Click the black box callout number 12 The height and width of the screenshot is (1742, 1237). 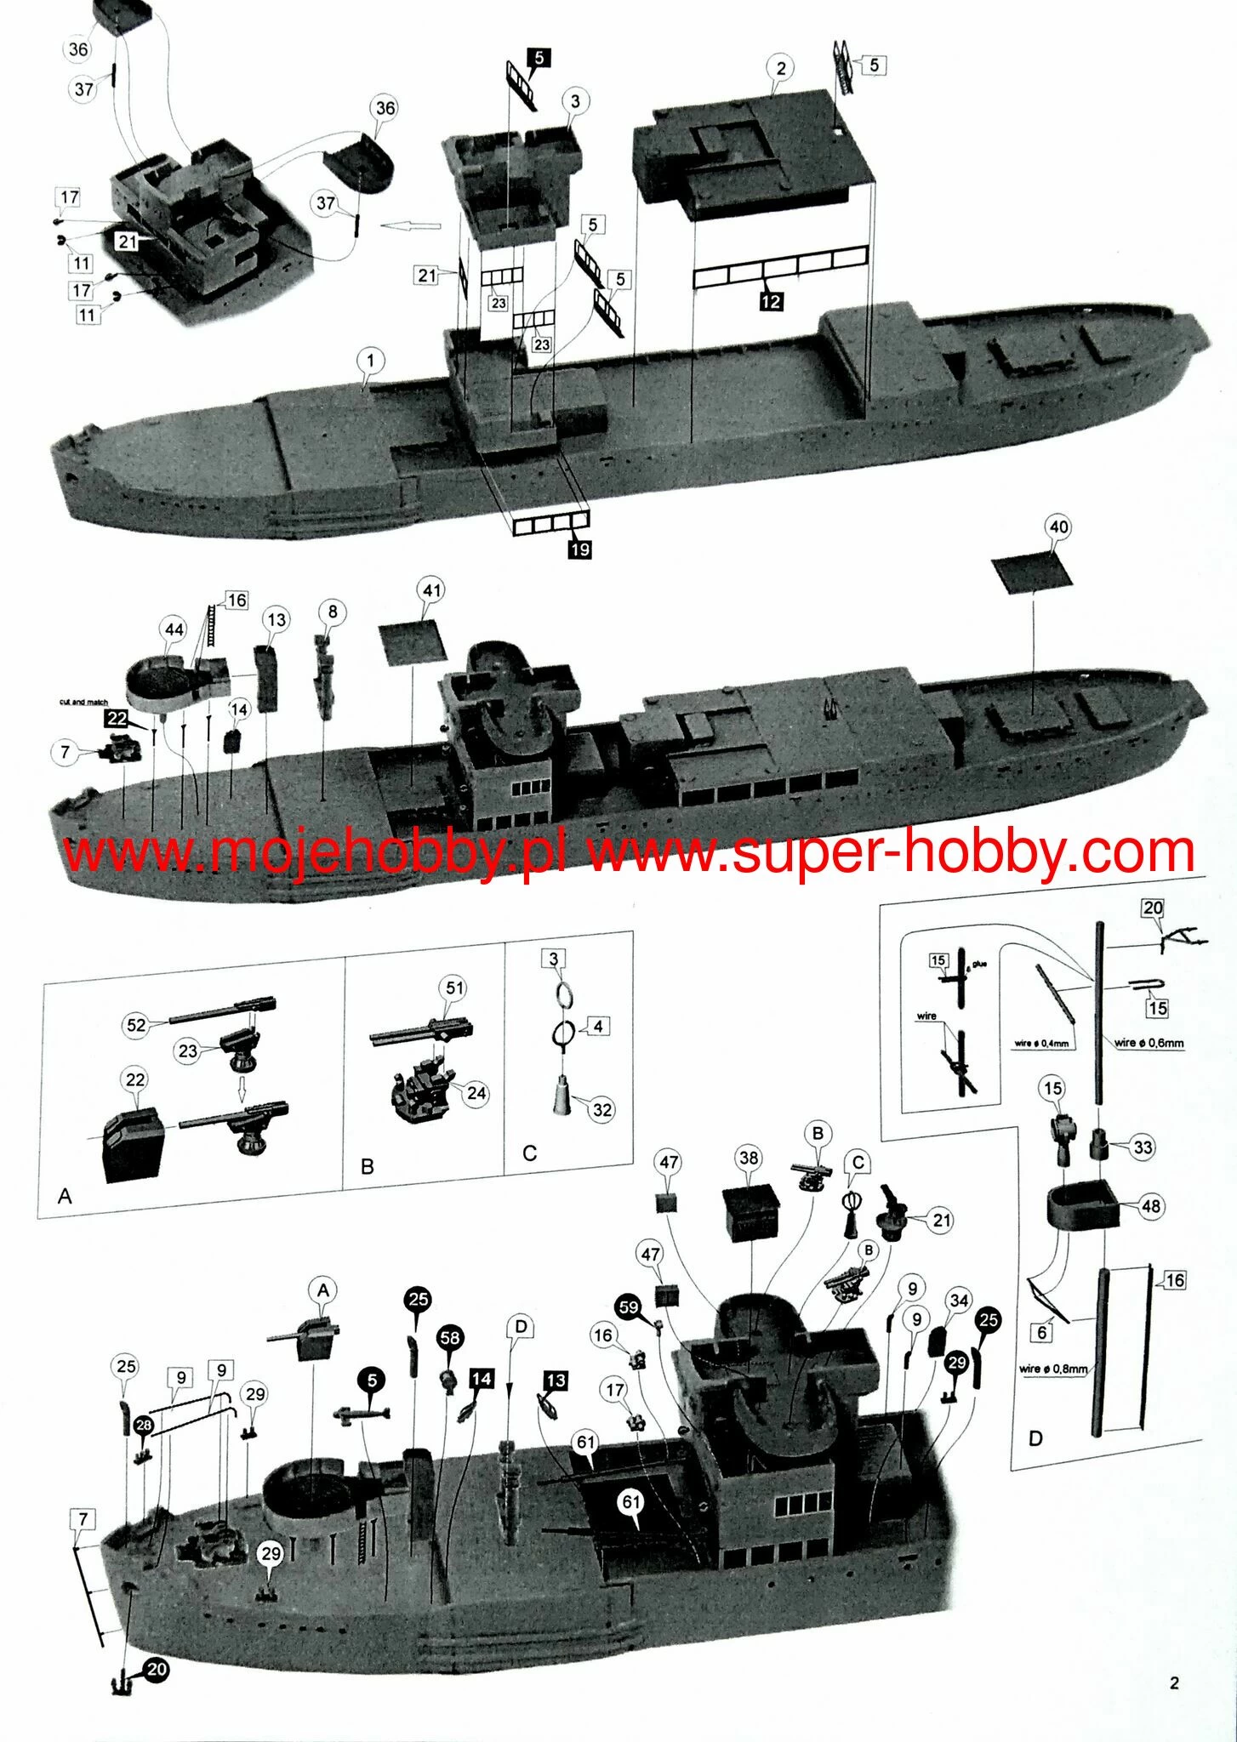(x=771, y=301)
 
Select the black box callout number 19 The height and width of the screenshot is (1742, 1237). (x=579, y=549)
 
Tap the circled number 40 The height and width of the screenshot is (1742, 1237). (x=1058, y=527)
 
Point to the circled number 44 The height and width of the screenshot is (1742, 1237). (x=174, y=629)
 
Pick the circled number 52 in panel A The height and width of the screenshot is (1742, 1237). (x=136, y=1025)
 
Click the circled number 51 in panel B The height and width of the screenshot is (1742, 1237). (x=454, y=988)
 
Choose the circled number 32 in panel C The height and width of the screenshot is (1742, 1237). (x=601, y=1109)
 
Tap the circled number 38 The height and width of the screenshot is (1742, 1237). (x=749, y=1157)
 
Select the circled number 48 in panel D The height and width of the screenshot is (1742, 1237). (x=1151, y=1206)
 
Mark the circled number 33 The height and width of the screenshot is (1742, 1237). (x=1143, y=1147)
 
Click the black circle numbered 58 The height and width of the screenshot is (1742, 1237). (x=449, y=1337)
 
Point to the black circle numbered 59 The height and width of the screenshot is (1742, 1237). (x=629, y=1307)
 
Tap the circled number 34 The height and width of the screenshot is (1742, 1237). (x=959, y=1301)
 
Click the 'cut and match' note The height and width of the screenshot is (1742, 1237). (x=83, y=702)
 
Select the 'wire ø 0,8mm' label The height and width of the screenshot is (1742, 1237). (x=1053, y=1369)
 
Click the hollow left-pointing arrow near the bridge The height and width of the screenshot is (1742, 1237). (x=411, y=226)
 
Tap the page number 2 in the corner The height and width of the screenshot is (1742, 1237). (x=1174, y=1682)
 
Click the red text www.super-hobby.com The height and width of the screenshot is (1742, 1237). (x=891, y=851)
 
